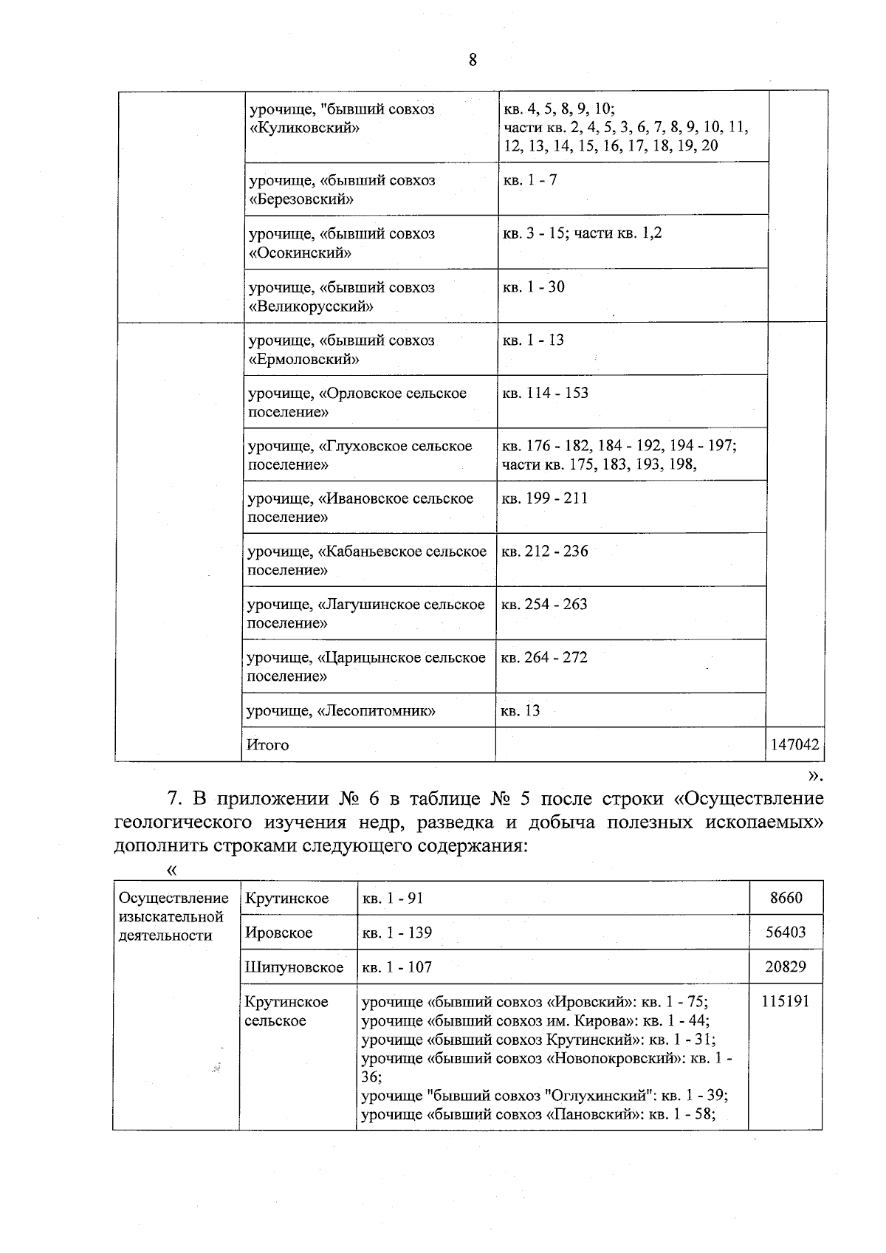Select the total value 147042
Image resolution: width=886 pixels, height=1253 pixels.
coord(794,745)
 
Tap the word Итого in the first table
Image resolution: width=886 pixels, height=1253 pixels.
coord(268,745)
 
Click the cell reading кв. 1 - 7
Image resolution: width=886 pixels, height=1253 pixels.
coord(530,179)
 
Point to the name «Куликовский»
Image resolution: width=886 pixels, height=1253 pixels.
coord(304,128)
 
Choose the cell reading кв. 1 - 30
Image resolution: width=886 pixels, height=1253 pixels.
coord(534,287)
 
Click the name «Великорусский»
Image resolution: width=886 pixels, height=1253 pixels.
coord(311,306)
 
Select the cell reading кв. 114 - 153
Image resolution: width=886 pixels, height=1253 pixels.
coord(546,393)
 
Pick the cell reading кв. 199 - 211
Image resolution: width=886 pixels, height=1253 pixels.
coord(545,498)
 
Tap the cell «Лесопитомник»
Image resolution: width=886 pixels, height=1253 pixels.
coord(340,711)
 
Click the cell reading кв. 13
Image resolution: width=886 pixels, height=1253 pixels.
coord(521,711)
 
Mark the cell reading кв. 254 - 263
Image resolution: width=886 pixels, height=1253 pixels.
coord(544,605)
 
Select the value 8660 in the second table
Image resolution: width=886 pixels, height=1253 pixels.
coord(786,899)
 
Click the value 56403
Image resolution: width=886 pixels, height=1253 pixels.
coord(786,933)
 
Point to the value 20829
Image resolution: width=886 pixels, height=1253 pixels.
coord(786,967)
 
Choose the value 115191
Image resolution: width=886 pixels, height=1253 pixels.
coord(786,1001)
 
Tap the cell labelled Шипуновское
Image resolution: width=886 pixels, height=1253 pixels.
coord(294,967)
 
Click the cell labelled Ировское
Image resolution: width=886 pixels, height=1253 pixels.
coord(278,933)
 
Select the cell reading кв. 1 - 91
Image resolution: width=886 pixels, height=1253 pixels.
coord(392,899)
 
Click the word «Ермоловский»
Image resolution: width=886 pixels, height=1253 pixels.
coord(304,360)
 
